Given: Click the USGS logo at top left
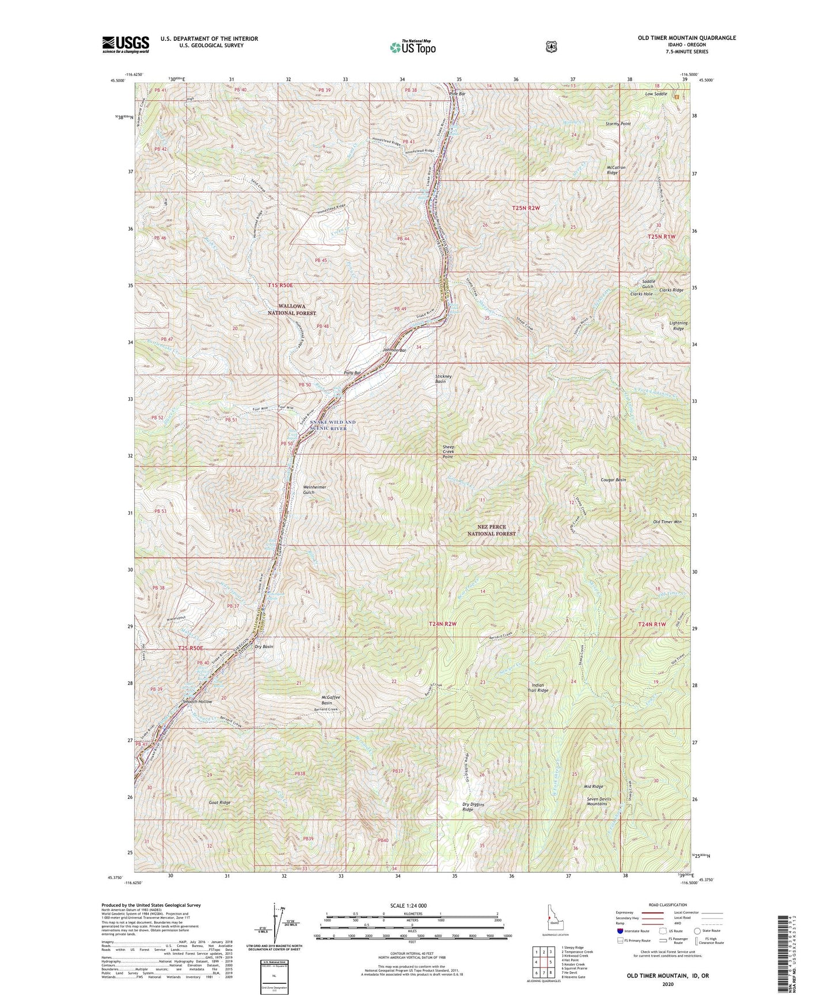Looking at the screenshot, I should coord(126,44).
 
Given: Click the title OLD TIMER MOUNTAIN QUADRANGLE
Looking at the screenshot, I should coord(686,38).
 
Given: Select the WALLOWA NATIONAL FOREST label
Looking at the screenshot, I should coord(291,310).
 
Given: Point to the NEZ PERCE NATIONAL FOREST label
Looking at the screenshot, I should coord(491,530).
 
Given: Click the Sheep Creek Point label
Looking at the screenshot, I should coord(448,452).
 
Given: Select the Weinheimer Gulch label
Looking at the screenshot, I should coord(314,490).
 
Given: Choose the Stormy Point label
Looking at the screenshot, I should coord(618,124).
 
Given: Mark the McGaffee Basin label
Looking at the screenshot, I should coord(330,700).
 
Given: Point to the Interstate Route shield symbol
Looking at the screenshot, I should coord(620,930).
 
